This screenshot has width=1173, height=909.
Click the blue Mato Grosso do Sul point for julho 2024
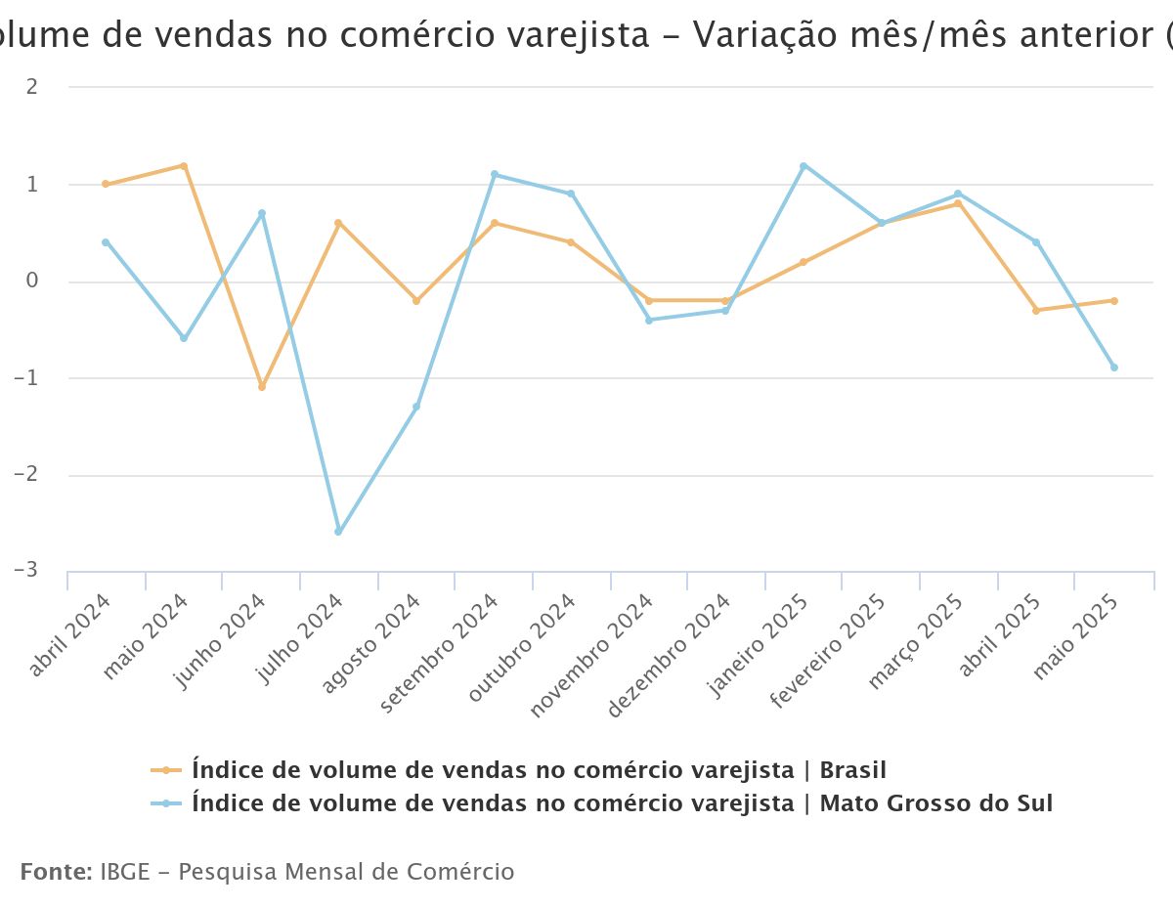tap(338, 532)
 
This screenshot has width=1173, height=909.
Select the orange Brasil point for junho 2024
tap(262, 387)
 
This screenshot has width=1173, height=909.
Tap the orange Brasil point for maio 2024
tap(184, 166)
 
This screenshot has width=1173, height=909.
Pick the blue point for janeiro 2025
tap(804, 166)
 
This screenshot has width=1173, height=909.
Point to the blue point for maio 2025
tap(1113, 368)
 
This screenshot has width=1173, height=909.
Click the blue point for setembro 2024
tap(495, 175)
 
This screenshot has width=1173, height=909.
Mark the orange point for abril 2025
tap(1036, 310)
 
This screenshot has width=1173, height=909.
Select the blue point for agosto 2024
tap(416, 407)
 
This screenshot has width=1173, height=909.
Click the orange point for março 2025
tap(959, 203)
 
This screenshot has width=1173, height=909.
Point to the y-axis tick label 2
tap(32, 87)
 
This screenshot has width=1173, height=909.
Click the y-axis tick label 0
tap(32, 281)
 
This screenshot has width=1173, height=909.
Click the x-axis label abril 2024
tap(70, 635)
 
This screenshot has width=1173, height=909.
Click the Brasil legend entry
tap(539, 770)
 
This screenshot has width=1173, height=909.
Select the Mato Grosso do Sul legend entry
tap(622, 803)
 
